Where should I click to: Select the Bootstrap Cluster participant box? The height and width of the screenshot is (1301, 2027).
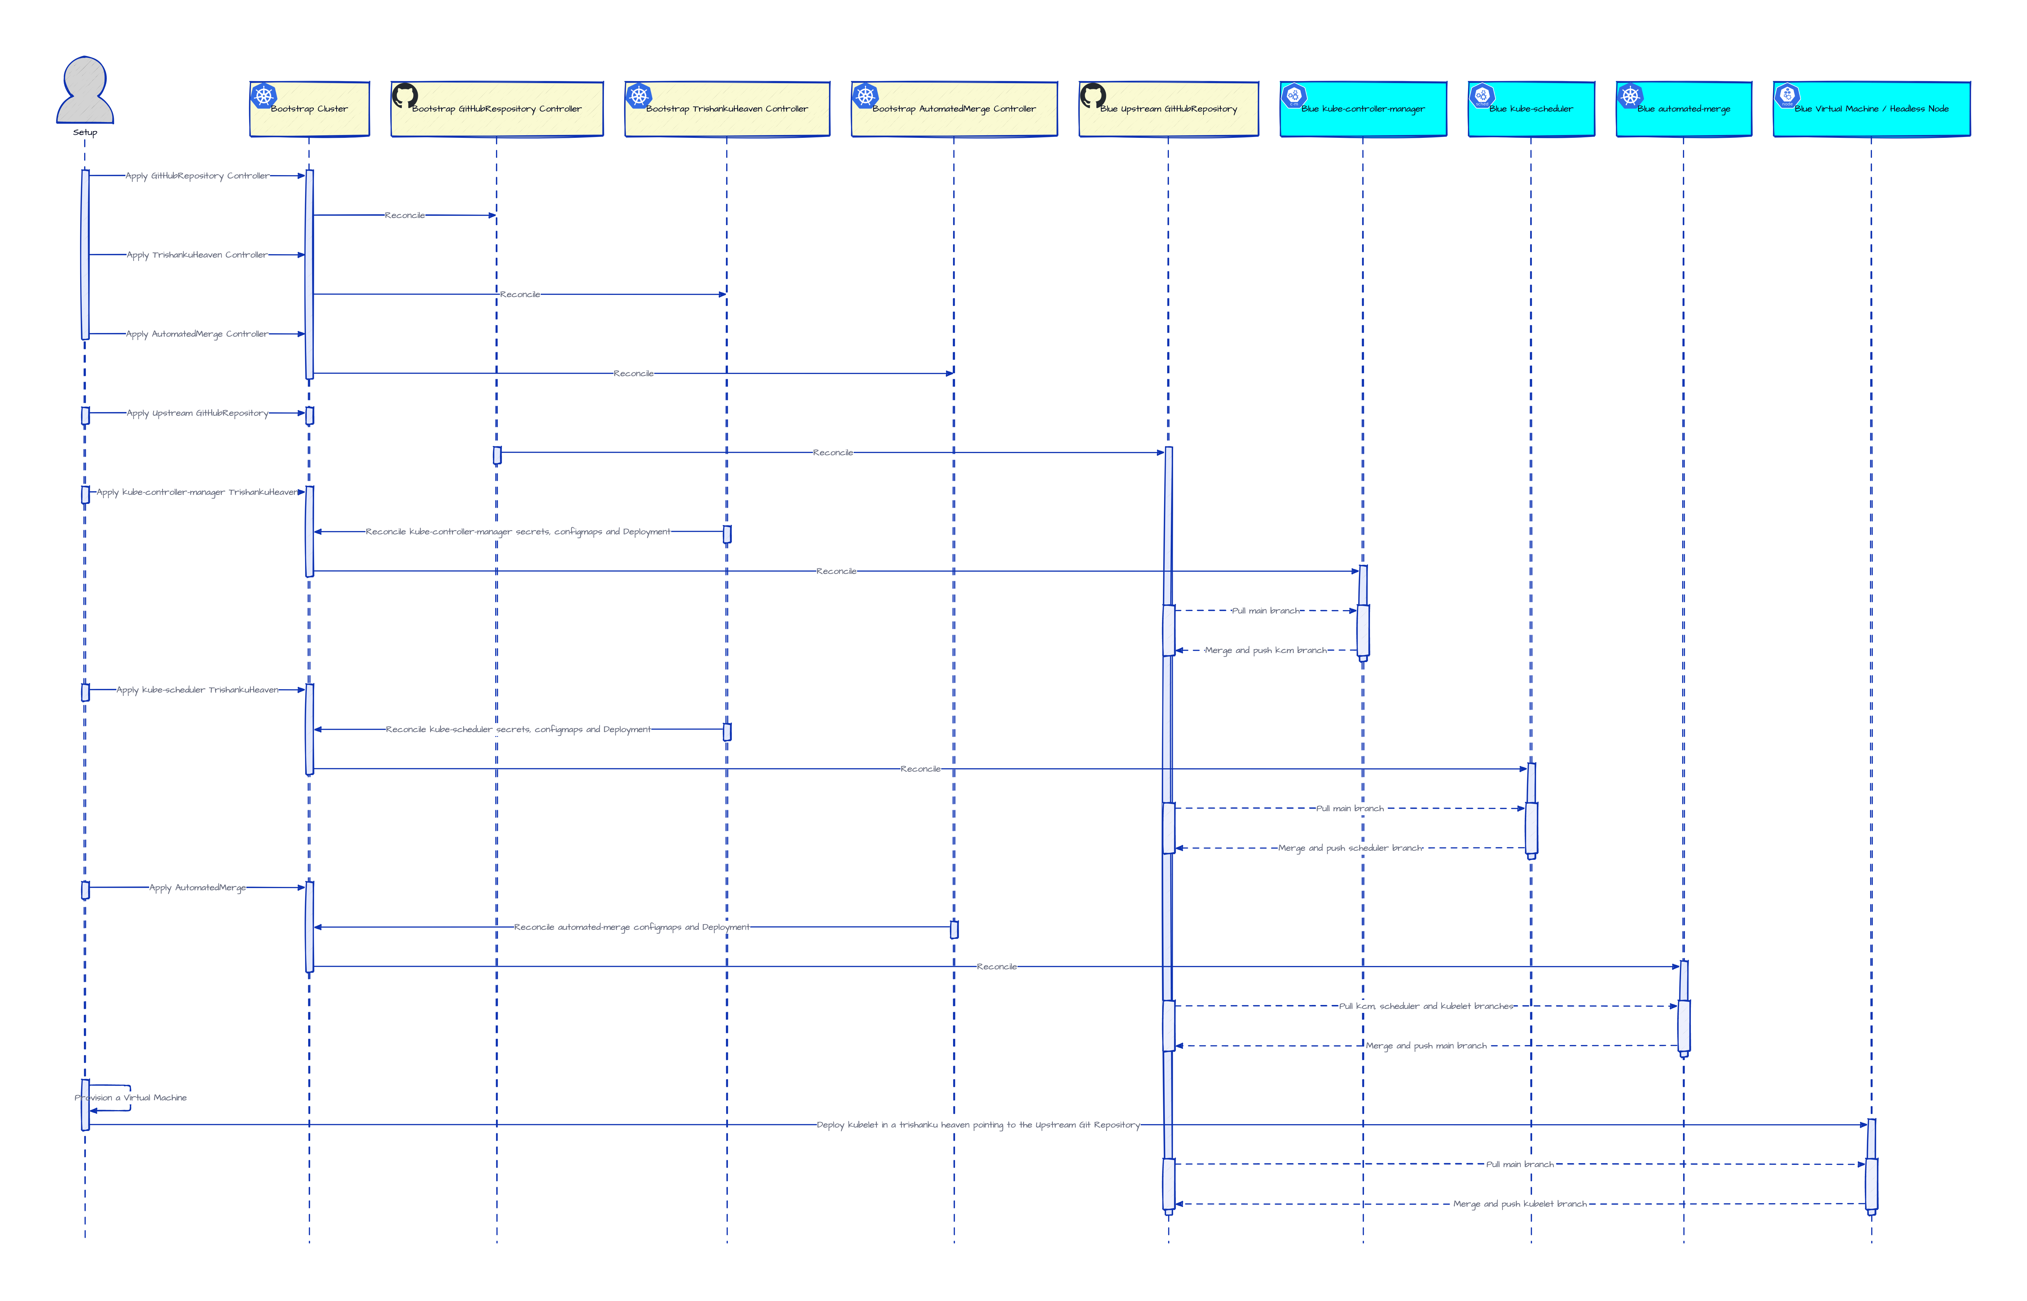[x=309, y=109]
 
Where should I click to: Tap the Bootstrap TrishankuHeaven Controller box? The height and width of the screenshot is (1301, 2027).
[x=726, y=109]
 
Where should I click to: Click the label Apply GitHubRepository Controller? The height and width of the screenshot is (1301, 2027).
[x=197, y=176]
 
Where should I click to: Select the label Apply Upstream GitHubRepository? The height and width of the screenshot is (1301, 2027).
[x=197, y=413]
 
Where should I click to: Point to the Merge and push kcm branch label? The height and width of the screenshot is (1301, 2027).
[x=1265, y=650]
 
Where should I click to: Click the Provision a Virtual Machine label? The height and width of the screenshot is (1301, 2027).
[x=131, y=1097]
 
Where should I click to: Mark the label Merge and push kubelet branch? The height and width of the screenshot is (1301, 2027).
[x=1519, y=1204]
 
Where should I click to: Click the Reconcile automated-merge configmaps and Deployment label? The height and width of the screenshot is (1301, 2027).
[x=631, y=927]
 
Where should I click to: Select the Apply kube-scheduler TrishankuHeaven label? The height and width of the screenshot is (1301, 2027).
[x=197, y=689]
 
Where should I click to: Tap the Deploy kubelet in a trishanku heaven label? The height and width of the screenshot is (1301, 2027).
[x=977, y=1124]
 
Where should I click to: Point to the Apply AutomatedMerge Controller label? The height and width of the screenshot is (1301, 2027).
[x=197, y=334]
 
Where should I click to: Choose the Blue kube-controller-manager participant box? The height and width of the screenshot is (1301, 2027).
[x=1362, y=109]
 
